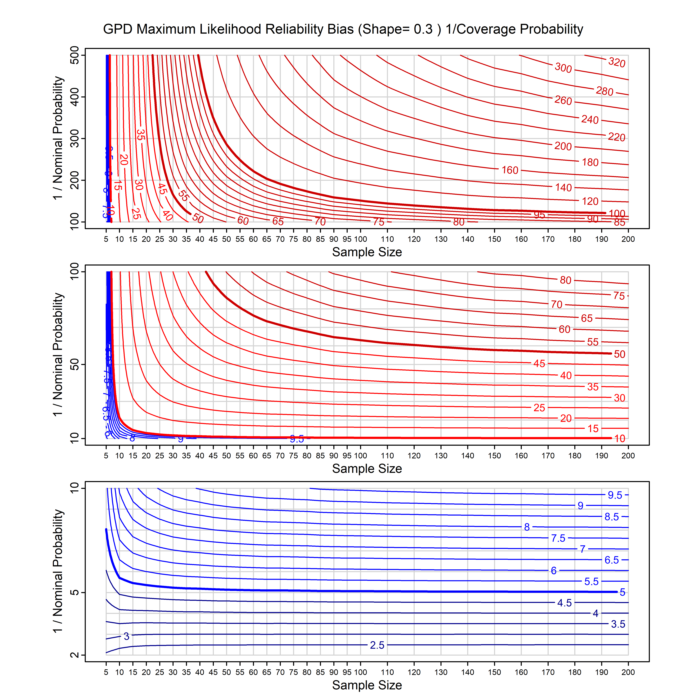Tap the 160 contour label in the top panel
point(510,170)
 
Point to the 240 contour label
point(590,119)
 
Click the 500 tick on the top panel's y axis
point(75,55)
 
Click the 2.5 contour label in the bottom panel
point(377,645)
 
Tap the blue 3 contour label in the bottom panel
point(126,636)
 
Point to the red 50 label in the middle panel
point(620,354)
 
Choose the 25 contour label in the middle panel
point(539,408)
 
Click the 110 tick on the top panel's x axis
point(387,239)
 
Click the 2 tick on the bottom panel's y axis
point(75,655)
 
